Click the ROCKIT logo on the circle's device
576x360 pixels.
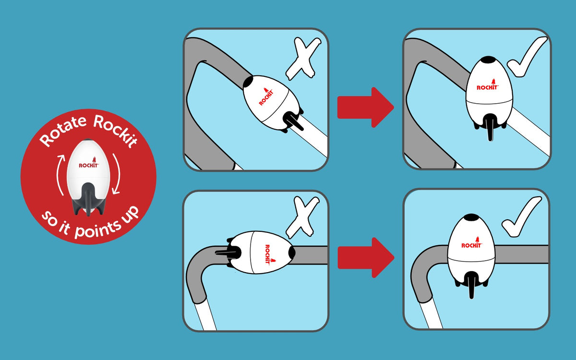tap(88, 165)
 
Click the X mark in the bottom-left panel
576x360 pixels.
tap(302, 218)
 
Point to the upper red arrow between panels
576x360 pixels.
tap(365, 107)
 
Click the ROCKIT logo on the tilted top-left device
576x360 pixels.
tap(266, 96)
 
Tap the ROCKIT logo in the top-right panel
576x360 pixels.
tap(487, 87)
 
